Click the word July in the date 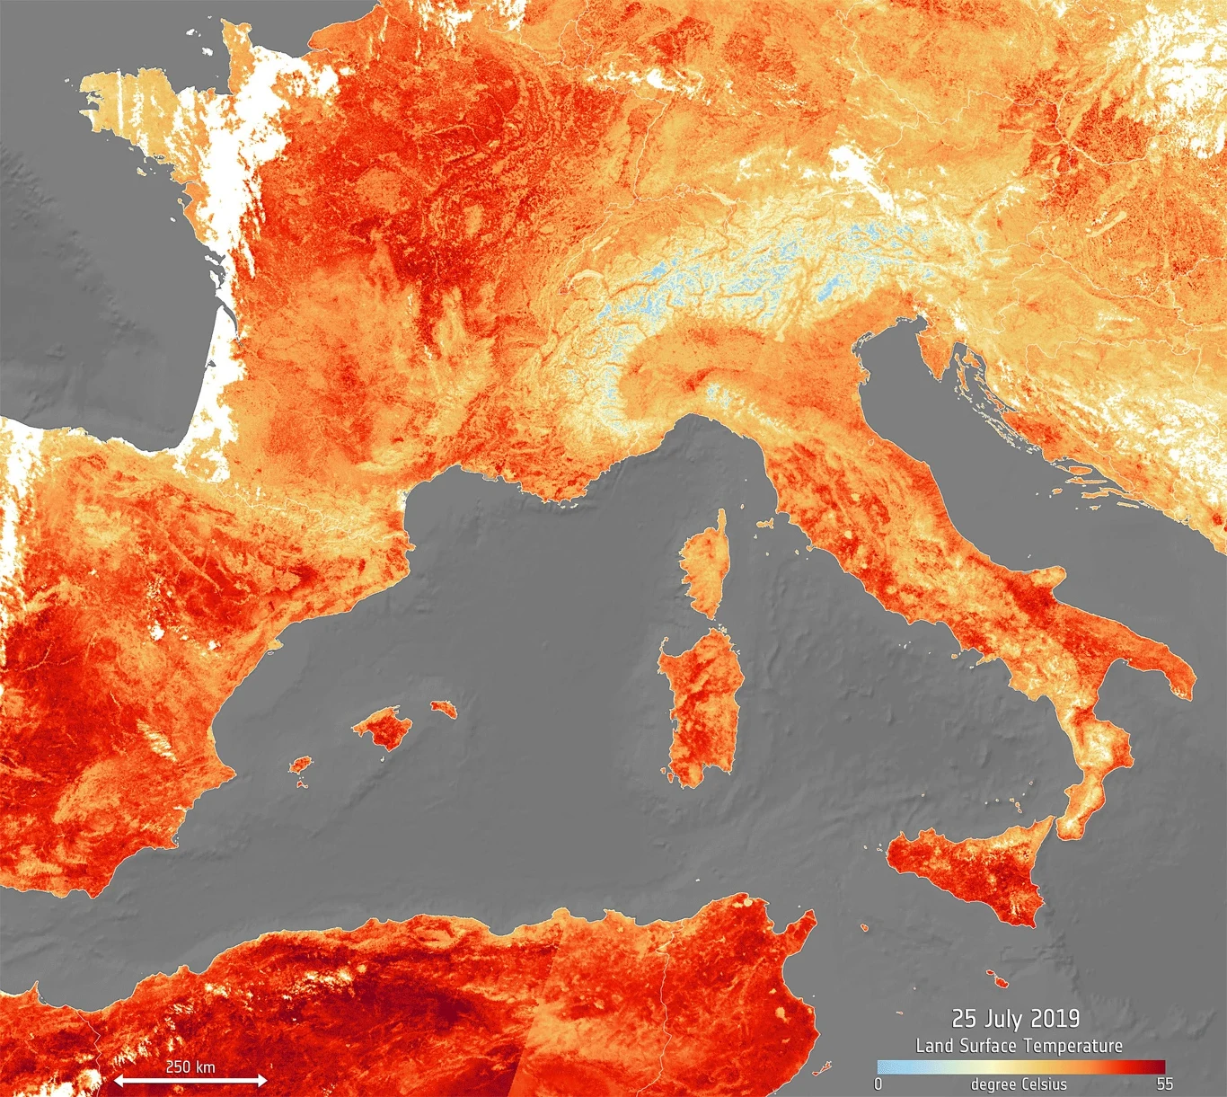point(1003,1018)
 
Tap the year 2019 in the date point(1055,1018)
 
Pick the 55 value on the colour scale point(1164,1084)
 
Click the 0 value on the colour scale point(878,1084)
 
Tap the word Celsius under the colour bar point(1043,1084)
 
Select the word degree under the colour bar point(993,1084)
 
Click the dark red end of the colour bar point(1158,1067)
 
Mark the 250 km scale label point(190,1066)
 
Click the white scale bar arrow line point(190,1080)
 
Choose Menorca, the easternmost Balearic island point(443,709)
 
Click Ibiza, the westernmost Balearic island point(300,765)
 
